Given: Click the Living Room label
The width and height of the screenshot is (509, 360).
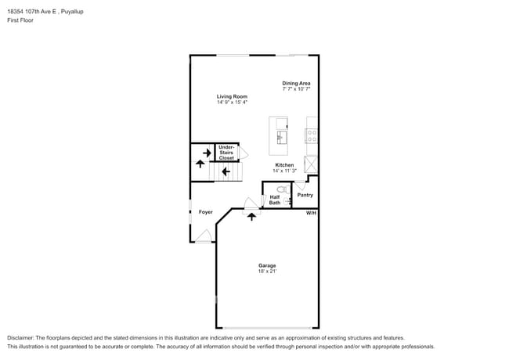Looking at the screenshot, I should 233,96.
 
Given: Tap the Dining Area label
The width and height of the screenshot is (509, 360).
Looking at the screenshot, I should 297,83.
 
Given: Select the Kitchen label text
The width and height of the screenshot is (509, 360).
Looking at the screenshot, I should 283,165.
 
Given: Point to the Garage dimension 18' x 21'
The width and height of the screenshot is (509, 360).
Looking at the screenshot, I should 267,271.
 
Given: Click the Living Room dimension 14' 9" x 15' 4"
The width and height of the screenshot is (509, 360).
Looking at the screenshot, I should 233,103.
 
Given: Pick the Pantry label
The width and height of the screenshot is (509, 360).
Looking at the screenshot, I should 305,195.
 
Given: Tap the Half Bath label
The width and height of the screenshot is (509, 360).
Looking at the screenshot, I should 275,200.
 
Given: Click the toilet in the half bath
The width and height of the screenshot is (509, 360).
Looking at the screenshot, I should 282,189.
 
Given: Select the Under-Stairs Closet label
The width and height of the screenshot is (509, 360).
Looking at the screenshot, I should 226,153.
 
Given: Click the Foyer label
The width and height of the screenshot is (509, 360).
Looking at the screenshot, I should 205,212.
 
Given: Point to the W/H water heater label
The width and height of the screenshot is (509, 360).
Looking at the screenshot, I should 311,213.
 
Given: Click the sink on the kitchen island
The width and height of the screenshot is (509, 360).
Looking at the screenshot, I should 280,138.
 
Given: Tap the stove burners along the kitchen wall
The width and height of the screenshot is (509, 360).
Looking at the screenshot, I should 312,134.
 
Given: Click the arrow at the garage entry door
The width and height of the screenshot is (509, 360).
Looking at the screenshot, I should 251,216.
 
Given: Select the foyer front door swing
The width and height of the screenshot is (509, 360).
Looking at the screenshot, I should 203,236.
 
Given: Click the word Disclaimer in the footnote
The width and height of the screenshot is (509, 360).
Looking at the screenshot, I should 21,338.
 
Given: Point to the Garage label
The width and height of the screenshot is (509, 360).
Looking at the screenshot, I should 267,265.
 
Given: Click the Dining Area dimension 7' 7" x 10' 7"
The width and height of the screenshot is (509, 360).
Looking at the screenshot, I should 297,89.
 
